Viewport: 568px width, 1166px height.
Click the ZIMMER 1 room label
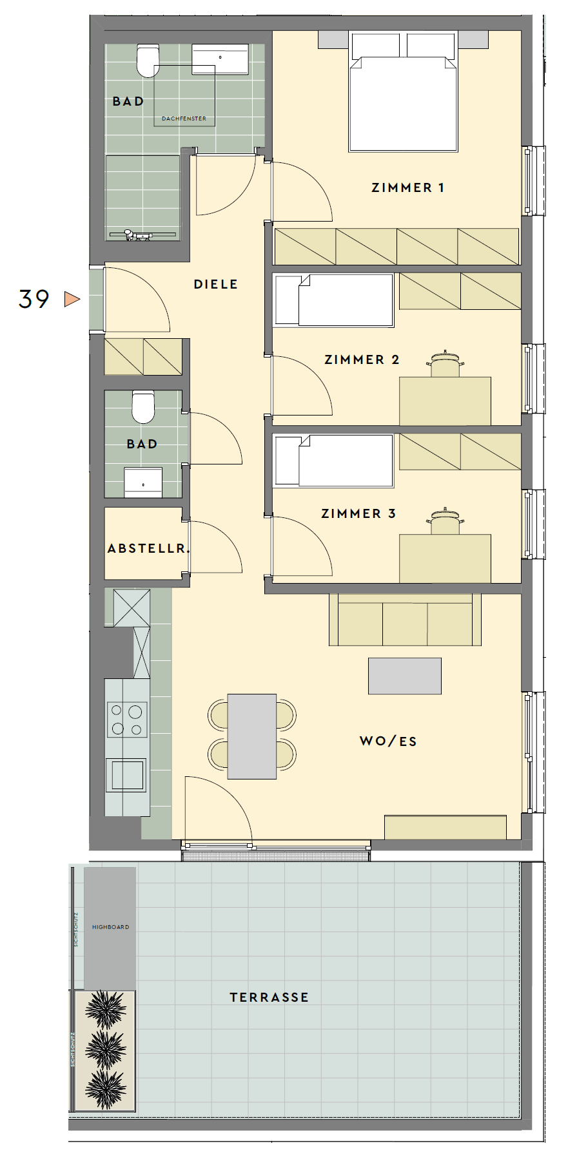click(407, 188)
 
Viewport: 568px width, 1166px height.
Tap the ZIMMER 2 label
click(362, 359)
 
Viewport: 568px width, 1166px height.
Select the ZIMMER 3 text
click(358, 513)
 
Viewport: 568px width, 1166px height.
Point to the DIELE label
click(216, 284)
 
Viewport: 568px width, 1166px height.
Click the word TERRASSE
click(269, 997)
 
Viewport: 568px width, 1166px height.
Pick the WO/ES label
click(388, 741)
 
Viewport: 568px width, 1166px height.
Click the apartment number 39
click(34, 299)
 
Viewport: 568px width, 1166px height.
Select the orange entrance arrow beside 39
click(72, 299)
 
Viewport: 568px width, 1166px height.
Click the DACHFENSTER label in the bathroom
click(184, 119)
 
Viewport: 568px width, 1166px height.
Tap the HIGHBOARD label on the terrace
click(111, 927)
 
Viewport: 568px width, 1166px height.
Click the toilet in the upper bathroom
click(148, 61)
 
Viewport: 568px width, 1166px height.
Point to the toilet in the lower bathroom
click(143, 406)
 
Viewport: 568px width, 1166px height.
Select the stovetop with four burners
click(127, 719)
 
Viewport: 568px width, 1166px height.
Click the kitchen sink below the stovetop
click(127, 775)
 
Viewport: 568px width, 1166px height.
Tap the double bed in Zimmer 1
click(403, 91)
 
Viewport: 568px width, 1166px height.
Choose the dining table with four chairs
click(252, 736)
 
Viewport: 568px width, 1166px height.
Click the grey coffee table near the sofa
click(405, 676)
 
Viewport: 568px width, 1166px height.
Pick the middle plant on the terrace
click(106, 1050)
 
